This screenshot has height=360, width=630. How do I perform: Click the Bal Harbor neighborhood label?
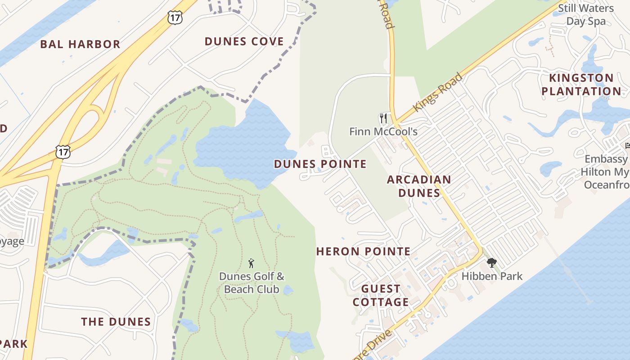click(80, 44)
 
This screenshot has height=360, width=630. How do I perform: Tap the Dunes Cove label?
click(244, 41)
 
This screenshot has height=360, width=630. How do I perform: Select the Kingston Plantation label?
click(581, 85)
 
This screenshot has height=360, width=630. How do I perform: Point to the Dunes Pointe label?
click(320, 164)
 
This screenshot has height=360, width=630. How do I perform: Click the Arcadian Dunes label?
click(419, 186)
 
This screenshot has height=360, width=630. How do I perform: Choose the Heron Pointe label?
click(363, 252)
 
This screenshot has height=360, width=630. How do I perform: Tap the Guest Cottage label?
click(381, 295)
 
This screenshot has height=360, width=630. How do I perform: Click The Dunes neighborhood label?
click(116, 322)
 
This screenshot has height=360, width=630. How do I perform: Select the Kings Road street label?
click(437, 92)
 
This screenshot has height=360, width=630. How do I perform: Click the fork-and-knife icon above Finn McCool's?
click(383, 118)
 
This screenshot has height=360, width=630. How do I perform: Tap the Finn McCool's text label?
click(383, 132)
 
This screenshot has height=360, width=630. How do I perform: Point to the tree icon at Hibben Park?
click(491, 262)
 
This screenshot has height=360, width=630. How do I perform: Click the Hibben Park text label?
click(492, 276)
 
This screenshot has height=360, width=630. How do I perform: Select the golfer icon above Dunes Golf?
click(252, 263)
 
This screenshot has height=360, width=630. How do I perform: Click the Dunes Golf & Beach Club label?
click(252, 283)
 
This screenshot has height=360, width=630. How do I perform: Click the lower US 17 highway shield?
click(63, 152)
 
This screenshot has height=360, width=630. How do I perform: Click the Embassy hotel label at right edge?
click(605, 172)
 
